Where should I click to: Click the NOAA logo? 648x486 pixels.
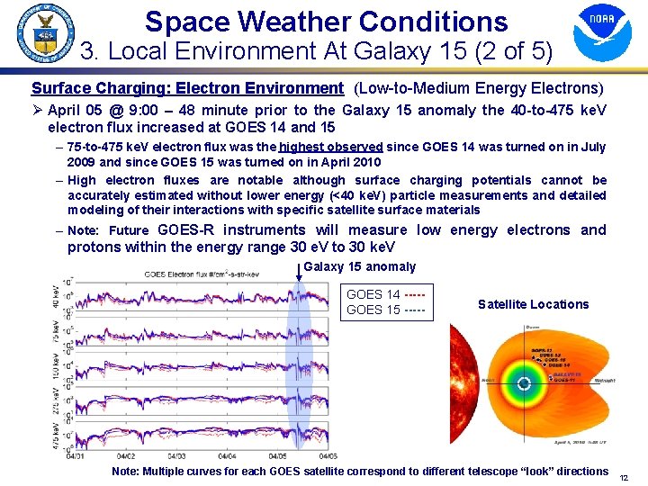[x=602, y=33]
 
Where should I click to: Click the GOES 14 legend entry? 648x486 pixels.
[x=385, y=294]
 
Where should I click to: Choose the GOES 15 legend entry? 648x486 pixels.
[x=385, y=310]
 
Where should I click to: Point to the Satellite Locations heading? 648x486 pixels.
[x=533, y=304]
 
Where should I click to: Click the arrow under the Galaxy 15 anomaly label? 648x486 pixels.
[x=300, y=270]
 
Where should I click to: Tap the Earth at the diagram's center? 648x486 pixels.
[x=524, y=383]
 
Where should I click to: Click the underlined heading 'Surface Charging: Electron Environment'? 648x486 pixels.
[x=187, y=88]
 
